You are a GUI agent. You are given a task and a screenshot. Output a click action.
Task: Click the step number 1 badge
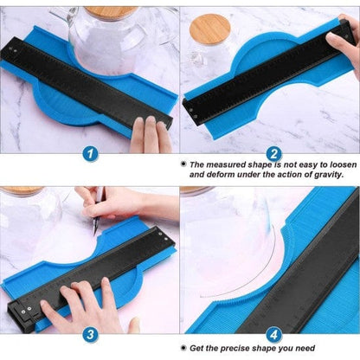coord(90,153)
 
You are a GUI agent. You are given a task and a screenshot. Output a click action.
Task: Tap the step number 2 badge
coord(273,154)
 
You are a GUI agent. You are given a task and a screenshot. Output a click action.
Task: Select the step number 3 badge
coord(90,335)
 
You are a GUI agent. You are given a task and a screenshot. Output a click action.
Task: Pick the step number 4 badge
coord(273,335)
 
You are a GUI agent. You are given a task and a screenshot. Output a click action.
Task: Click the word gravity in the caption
coord(327,175)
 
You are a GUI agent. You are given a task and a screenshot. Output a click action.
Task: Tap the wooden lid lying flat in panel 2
coord(210,29)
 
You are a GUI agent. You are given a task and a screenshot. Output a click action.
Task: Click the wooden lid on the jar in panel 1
coord(111,11)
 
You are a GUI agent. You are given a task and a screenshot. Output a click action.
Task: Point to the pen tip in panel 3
coord(94,233)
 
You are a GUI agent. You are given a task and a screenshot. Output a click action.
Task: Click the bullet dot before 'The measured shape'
coord(183,164)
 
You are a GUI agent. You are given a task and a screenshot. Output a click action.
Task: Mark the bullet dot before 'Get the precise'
coord(183,348)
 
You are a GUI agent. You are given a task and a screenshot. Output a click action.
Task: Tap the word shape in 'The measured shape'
coord(260,165)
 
